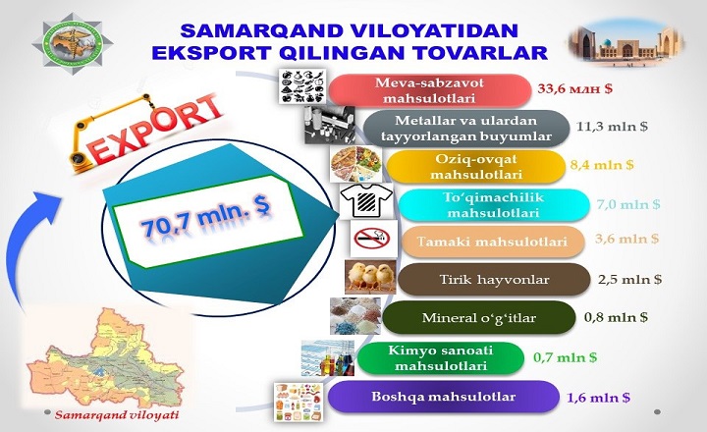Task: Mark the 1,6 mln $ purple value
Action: (598, 397)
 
